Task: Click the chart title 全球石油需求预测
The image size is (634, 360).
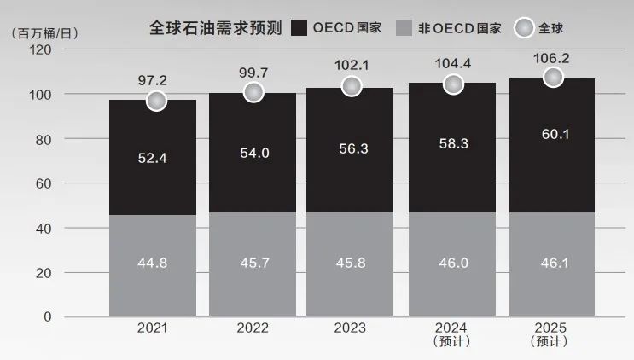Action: click(216, 27)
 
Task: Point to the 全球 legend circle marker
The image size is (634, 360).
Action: click(524, 28)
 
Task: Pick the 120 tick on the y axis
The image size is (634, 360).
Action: click(40, 49)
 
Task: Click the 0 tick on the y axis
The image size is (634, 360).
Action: click(48, 317)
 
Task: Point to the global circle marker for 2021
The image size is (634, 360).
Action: click(156, 101)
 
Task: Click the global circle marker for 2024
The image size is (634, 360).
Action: click(453, 84)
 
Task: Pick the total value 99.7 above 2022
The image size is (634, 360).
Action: click(253, 73)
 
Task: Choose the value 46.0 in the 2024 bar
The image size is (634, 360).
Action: click(453, 263)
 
